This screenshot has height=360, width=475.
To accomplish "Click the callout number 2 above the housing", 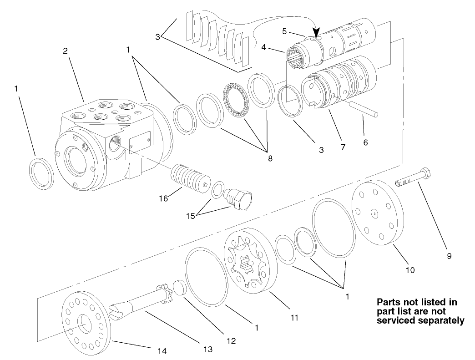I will tap(65, 51).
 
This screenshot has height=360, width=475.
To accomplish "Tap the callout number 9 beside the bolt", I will tap(449, 257).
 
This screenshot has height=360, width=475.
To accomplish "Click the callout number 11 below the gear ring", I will tap(295, 317).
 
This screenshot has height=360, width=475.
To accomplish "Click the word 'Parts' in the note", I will tap(388, 302).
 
